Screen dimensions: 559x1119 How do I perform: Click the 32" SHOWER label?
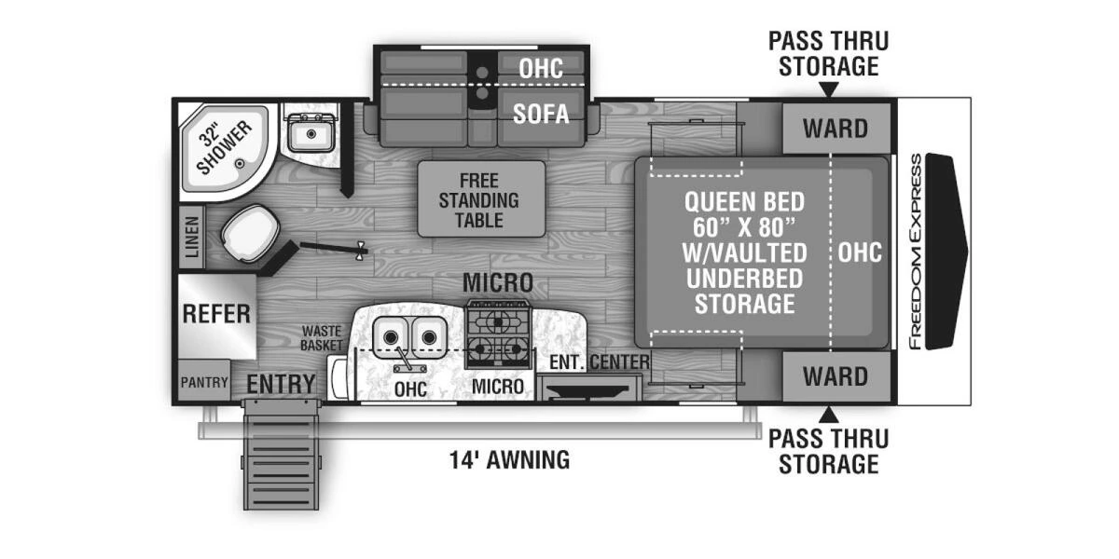tap(223, 146)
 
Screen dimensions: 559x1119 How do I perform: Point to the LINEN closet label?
tap(192, 238)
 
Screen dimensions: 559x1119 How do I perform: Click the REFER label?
tap(216, 314)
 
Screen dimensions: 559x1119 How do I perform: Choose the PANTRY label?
tap(204, 382)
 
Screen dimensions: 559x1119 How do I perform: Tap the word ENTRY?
tap(281, 384)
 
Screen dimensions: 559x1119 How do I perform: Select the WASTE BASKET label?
tap(322, 338)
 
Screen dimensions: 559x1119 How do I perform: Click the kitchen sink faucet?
tap(403, 361)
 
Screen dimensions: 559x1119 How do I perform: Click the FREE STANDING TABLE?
tap(480, 198)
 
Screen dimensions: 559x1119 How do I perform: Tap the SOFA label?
tap(541, 114)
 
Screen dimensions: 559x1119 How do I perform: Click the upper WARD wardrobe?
tap(835, 128)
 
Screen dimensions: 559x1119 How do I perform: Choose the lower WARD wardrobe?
tap(835, 376)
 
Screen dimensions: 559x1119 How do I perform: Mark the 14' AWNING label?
tap(509, 459)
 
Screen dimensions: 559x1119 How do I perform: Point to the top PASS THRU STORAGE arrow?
tap(828, 89)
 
